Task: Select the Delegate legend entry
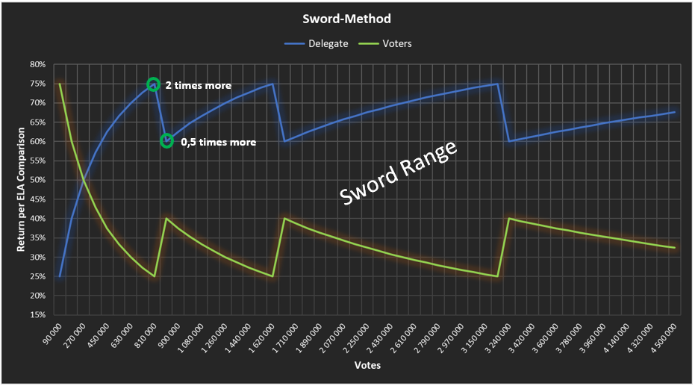(x=317, y=43)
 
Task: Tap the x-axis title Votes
(x=368, y=365)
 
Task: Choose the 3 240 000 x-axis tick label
(x=502, y=337)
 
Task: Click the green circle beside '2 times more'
(x=153, y=84)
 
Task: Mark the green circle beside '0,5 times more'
(x=166, y=141)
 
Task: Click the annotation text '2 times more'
(x=198, y=86)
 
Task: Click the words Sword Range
(x=397, y=174)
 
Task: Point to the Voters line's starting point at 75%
(x=60, y=84)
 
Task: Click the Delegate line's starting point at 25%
(x=60, y=276)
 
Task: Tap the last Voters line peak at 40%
(x=508, y=219)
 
